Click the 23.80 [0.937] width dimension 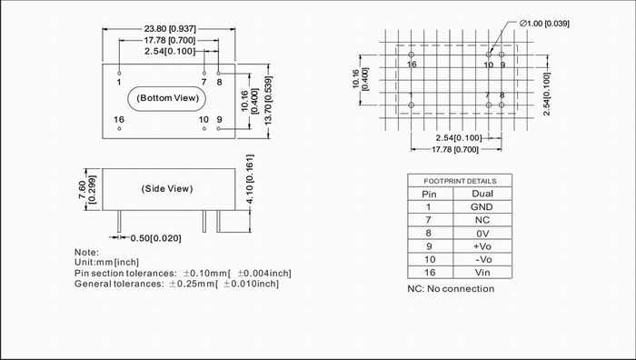click(170, 29)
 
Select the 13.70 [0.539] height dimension click(268, 101)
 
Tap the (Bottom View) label click(167, 98)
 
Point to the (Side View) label click(167, 189)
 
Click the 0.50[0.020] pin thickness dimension click(155, 238)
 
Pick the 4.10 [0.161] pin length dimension click(250, 179)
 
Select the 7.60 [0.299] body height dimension click(87, 189)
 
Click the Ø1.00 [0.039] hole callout click(545, 24)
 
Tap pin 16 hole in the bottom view click(119, 129)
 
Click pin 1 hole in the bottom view click(119, 73)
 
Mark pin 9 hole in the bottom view click(219, 129)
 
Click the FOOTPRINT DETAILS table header click(460, 181)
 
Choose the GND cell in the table click(482, 207)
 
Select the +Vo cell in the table click(482, 246)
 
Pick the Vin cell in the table click(482, 273)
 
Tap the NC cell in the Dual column click(482, 220)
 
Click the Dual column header click(482, 194)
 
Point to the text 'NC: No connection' click(451, 289)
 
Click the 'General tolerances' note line click(177, 284)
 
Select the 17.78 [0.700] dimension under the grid click(455, 150)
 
